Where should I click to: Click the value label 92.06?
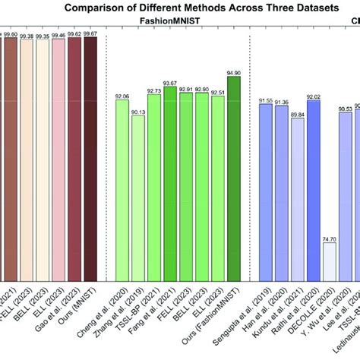122,96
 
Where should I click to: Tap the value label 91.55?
265,99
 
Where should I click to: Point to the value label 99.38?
27,35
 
